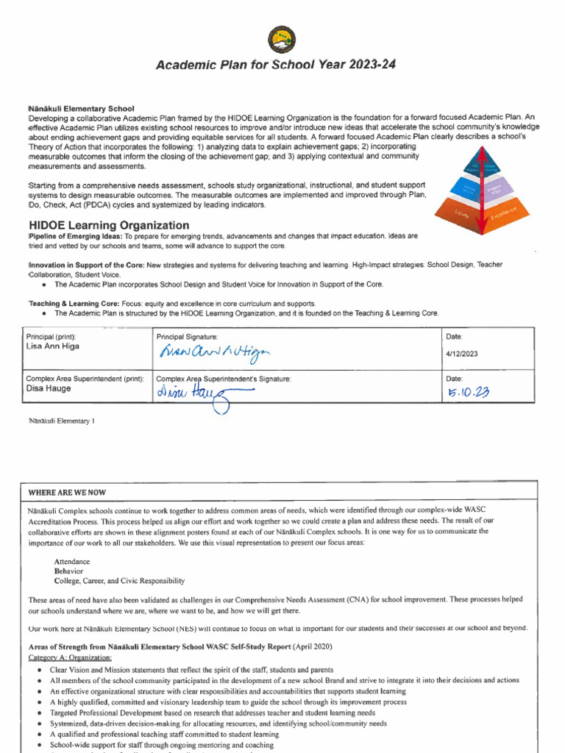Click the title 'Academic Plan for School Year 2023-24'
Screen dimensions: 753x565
tap(275, 65)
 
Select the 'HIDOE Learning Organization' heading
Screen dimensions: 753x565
tap(109, 225)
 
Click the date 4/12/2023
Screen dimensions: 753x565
tap(462, 354)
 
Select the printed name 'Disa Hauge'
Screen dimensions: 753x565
tap(49, 389)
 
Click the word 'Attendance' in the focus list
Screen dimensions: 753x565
tap(74, 560)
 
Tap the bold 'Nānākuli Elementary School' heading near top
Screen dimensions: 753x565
tap(81, 109)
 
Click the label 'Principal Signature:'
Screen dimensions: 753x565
tap(188, 336)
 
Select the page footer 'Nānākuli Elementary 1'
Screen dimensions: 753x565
tap(61, 421)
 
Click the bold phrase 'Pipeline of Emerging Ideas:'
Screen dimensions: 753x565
tap(75, 236)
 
